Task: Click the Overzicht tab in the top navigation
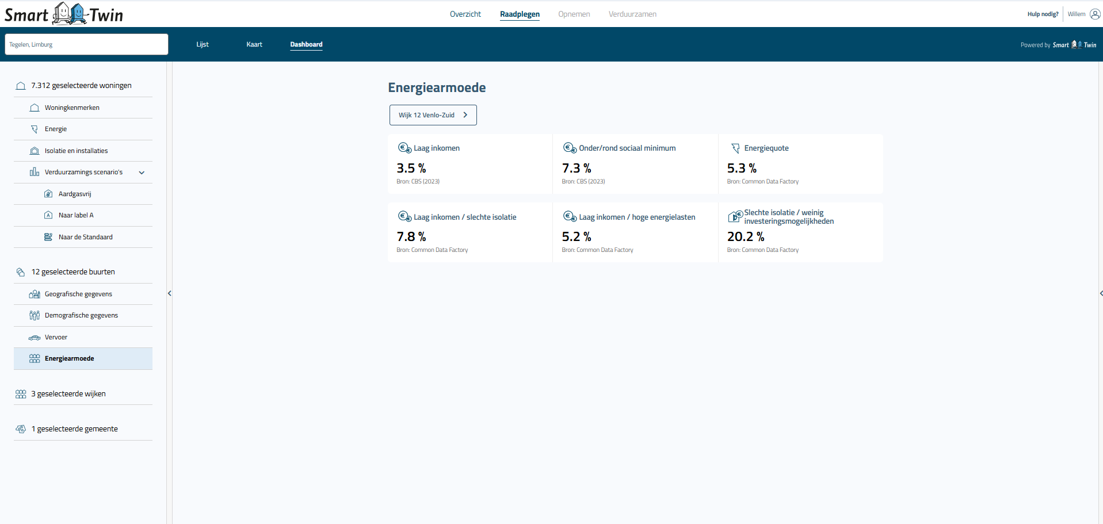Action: point(465,14)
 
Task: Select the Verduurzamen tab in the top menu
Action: point(632,14)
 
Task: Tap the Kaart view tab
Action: point(254,44)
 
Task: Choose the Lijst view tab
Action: point(203,44)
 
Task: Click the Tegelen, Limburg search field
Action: point(86,44)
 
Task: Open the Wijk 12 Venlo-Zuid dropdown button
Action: point(433,115)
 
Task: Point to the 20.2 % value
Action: point(746,237)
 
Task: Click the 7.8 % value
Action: point(411,237)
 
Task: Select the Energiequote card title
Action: point(766,148)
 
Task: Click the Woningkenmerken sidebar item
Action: point(72,108)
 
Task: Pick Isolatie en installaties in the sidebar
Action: point(76,151)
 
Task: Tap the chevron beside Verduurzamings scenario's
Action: point(142,173)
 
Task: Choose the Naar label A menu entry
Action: point(76,215)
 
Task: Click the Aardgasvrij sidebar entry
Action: point(75,194)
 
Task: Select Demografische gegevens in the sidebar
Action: point(81,315)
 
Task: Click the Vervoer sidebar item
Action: point(56,337)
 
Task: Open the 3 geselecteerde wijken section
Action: point(68,394)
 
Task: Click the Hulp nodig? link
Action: point(1043,14)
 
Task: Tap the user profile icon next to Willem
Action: point(1095,14)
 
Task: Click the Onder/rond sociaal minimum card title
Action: point(627,148)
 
